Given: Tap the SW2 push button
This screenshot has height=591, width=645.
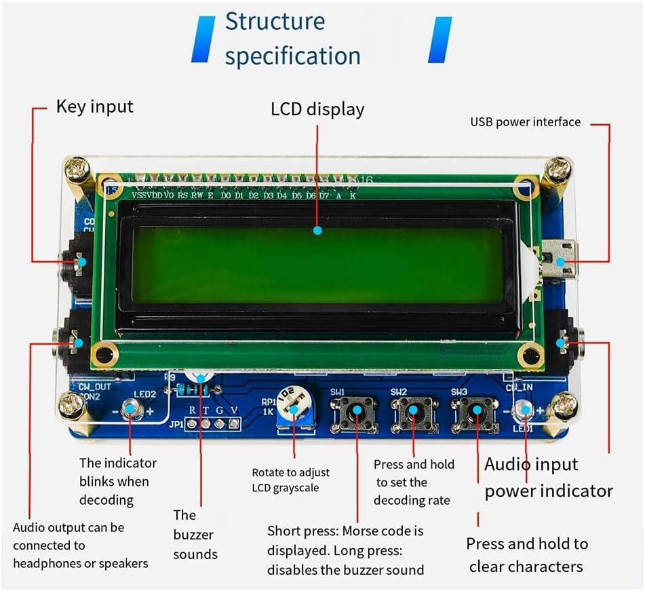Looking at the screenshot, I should pos(414,411).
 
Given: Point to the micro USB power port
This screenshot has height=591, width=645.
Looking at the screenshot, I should pos(560,261).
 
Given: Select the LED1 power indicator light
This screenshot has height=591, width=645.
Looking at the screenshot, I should pos(523,409).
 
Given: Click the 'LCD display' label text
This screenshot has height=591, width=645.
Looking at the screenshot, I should pos(317,109).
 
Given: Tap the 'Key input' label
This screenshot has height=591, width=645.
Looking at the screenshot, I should pos(95,107).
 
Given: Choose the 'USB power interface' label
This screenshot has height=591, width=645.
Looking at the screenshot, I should pos(525,122).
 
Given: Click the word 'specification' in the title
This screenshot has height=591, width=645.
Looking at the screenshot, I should pos(292,56).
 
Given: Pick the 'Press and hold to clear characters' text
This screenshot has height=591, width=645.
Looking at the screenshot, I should pos(526,555).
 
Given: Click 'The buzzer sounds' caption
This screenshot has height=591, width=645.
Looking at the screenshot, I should pos(195,535).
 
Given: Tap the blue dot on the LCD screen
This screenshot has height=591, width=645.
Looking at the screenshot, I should pos(317,231).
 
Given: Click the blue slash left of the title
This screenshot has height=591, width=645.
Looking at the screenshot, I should pos(203,40).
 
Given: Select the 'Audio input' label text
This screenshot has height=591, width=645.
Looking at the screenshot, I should pos(531,465).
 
